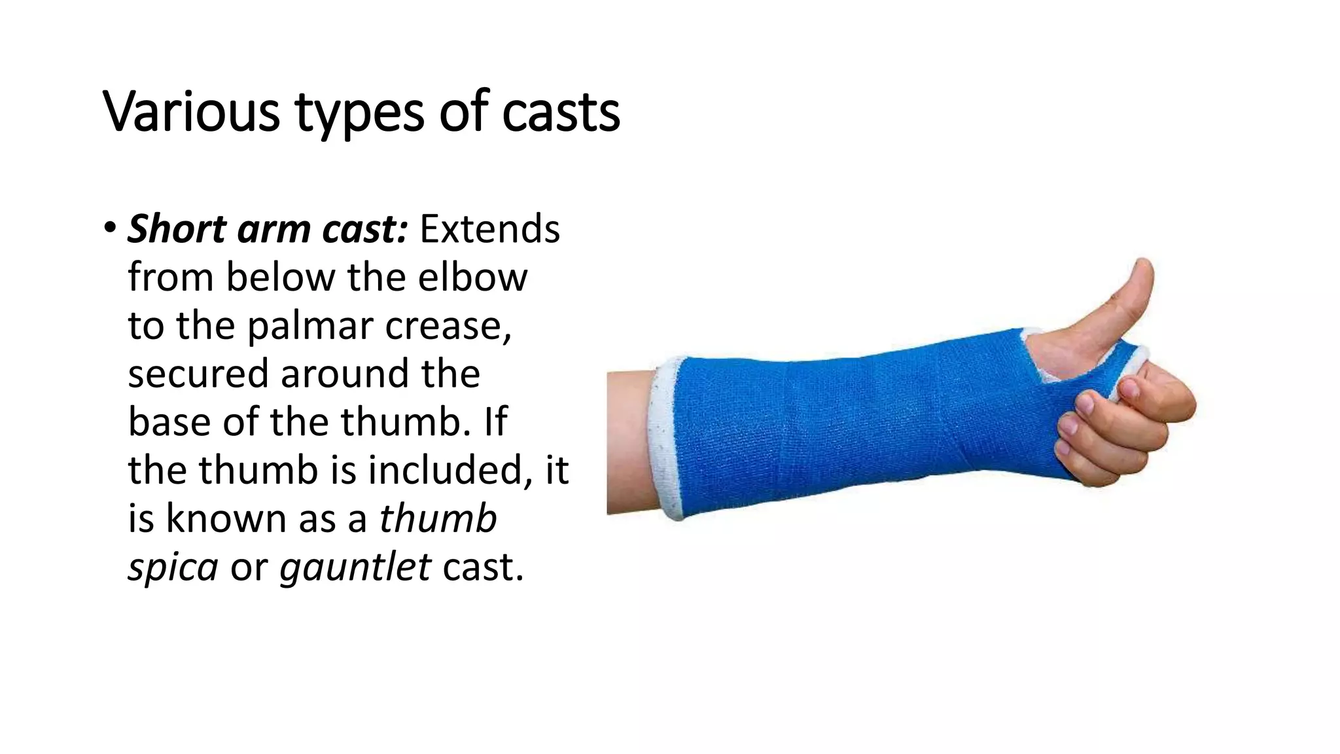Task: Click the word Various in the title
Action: pos(192,113)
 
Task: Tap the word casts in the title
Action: pos(561,113)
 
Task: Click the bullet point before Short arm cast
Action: pos(109,228)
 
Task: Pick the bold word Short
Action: pos(177,229)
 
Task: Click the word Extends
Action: pos(489,229)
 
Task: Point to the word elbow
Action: pos(472,277)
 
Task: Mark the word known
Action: pos(226,518)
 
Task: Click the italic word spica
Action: pos(173,567)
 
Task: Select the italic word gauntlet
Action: pos(355,567)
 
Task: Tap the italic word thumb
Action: pos(438,518)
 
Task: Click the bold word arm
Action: pos(274,229)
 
